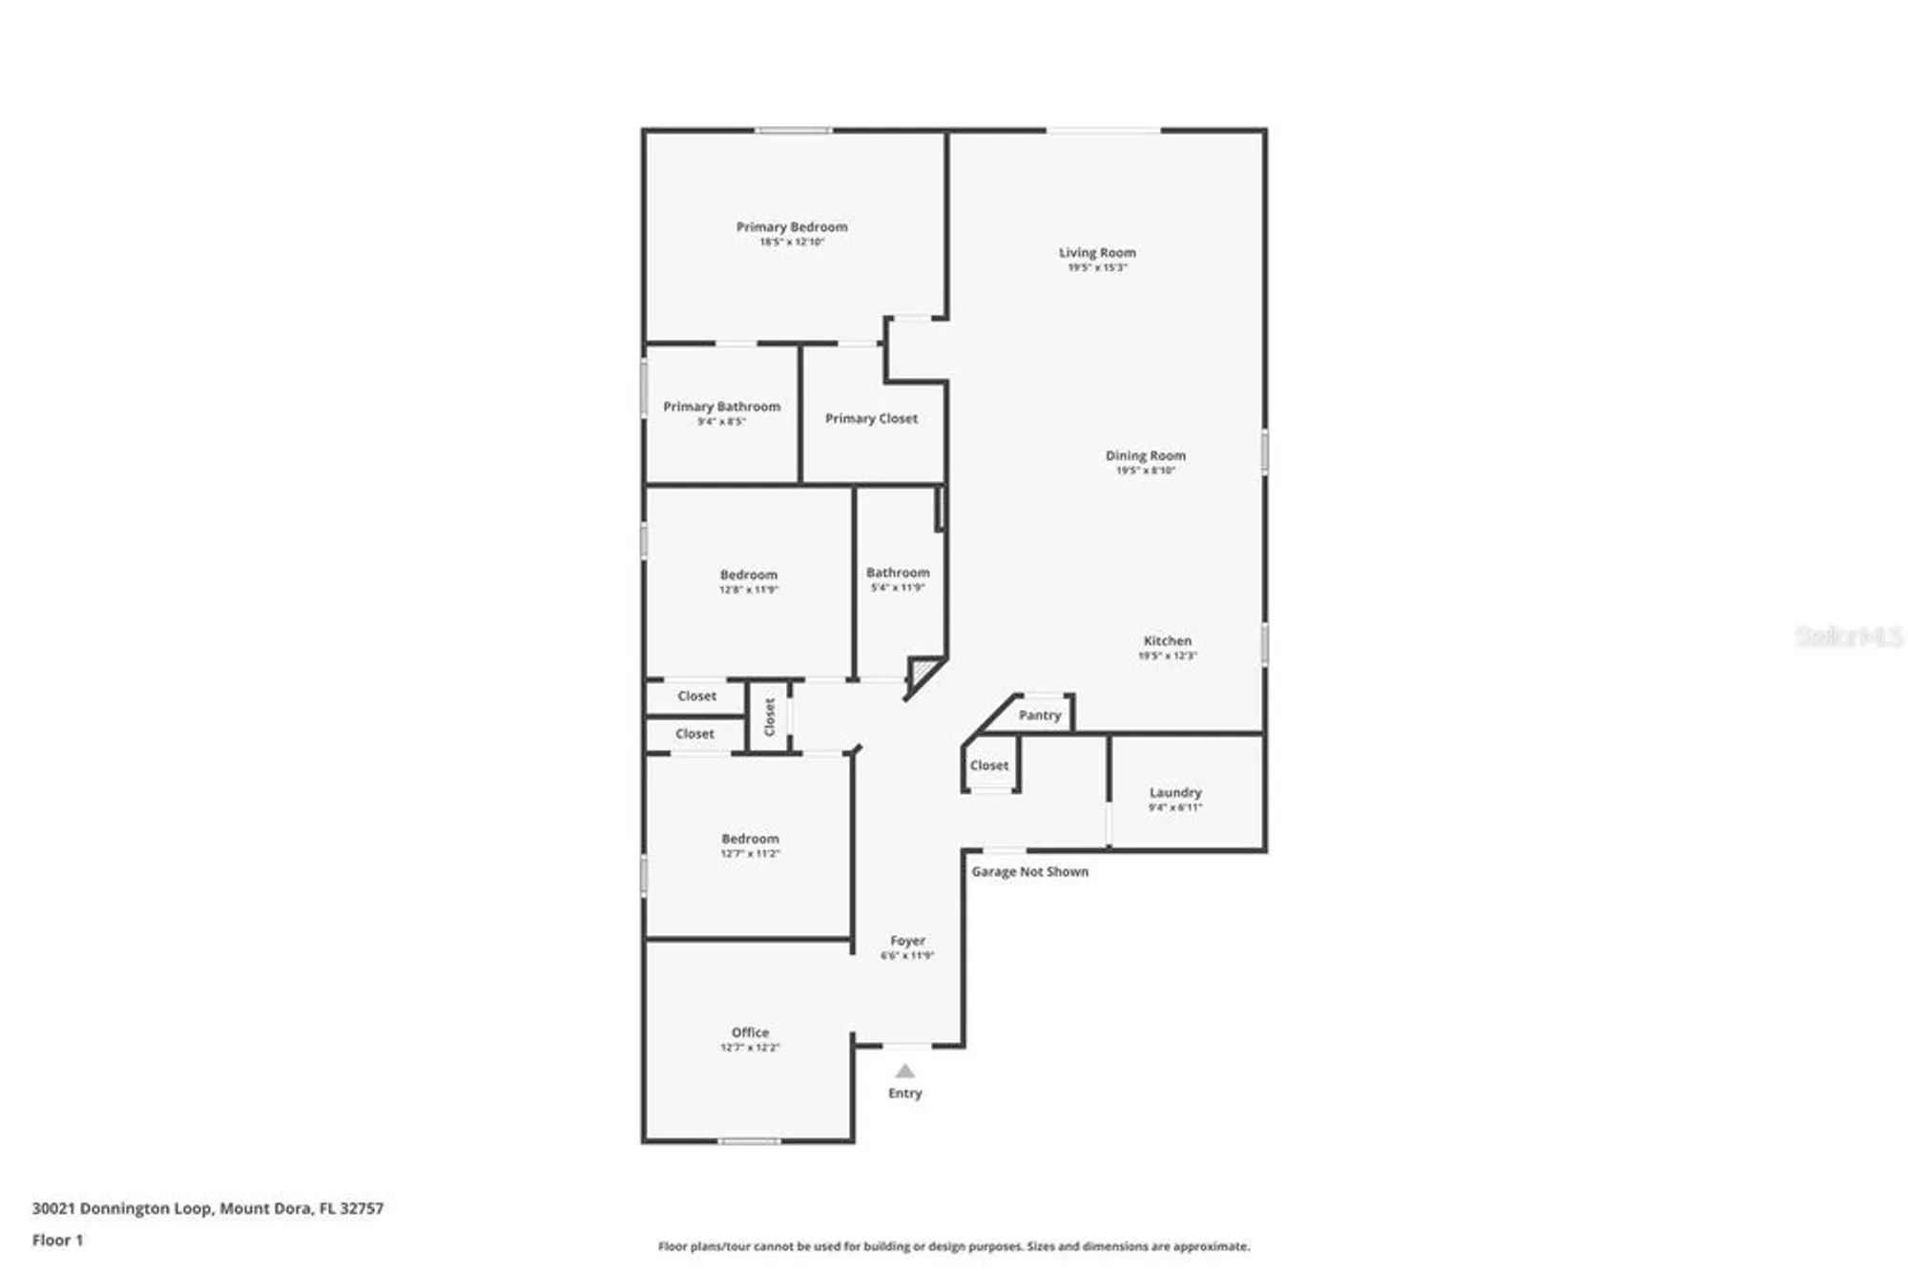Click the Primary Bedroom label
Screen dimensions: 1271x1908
[791, 227]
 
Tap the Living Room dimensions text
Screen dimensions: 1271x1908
[1096, 268]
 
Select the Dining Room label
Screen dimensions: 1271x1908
[1145, 456]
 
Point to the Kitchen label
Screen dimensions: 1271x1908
[1167, 641]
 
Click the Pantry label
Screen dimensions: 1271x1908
[1039, 715]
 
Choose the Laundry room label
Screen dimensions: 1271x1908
[1174, 793]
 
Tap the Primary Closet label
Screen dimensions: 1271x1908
[870, 419]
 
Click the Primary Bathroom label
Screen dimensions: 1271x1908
[721, 406]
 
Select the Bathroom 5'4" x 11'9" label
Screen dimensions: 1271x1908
[897, 573]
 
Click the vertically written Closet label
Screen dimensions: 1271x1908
[769, 718]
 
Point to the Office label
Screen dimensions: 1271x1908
[750, 1032]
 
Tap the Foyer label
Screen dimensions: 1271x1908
[907, 941]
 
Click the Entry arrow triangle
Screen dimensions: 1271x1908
[904, 1072]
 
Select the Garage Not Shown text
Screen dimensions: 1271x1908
[1029, 871]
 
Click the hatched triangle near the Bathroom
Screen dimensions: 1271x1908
[922, 672]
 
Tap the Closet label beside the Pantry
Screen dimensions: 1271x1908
[988, 765]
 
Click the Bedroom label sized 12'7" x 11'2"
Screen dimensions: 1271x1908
[750, 839]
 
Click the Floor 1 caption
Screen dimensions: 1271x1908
[57, 1240]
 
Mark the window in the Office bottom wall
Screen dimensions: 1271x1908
[749, 1140]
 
